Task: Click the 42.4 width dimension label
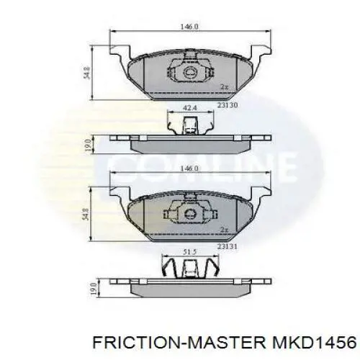189,108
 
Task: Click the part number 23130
228,105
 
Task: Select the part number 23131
228,247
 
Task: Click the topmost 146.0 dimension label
190,27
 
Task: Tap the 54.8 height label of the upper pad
86,72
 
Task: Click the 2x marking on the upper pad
224,87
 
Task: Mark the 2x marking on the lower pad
224,229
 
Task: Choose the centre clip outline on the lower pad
189,212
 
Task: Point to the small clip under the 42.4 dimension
189,124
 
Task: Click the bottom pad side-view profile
190,287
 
